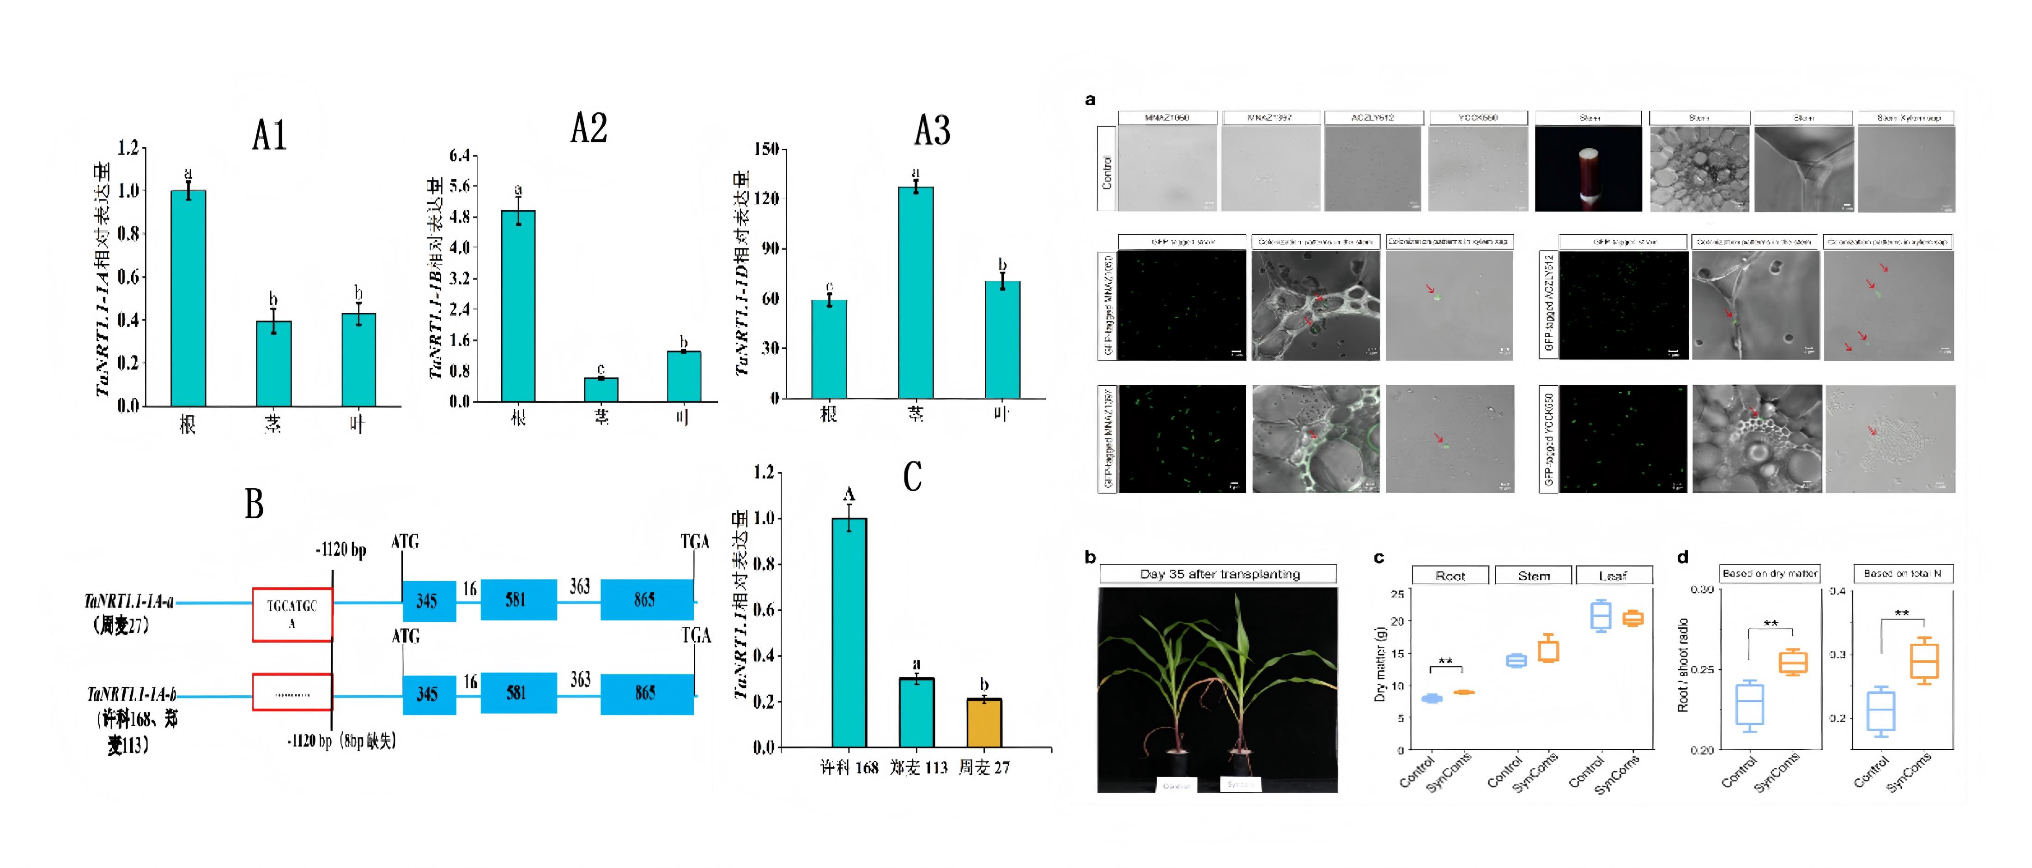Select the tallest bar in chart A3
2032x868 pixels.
(916, 292)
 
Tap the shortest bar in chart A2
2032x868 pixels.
(601, 390)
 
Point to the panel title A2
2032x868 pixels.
(588, 128)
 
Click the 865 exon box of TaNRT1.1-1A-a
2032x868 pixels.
(647, 600)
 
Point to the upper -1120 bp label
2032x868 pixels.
(341, 549)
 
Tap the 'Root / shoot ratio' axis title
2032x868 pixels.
(1682, 665)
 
